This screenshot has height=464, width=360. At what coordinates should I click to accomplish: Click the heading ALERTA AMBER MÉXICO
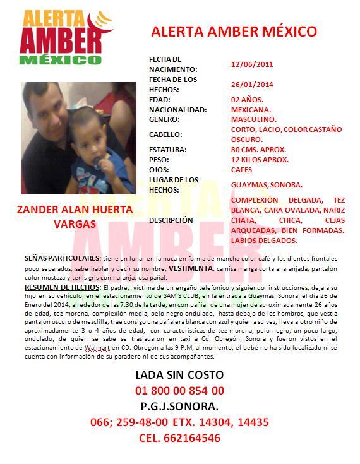coord(234,32)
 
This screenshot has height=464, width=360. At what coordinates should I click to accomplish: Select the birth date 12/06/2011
coord(252,64)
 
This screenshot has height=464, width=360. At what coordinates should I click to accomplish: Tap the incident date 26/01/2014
coord(252,85)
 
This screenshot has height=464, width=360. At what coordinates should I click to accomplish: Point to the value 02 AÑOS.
coord(247,100)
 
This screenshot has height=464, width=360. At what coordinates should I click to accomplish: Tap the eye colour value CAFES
coord(242,170)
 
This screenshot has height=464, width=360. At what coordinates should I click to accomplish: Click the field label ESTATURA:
coord(167,150)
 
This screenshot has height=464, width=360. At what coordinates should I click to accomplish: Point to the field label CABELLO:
coord(165,134)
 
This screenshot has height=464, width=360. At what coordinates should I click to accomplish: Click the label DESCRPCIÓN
coord(171,220)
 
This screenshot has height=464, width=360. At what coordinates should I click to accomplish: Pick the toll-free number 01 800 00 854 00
coord(179,391)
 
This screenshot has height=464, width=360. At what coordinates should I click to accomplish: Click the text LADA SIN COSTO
coord(179,375)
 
